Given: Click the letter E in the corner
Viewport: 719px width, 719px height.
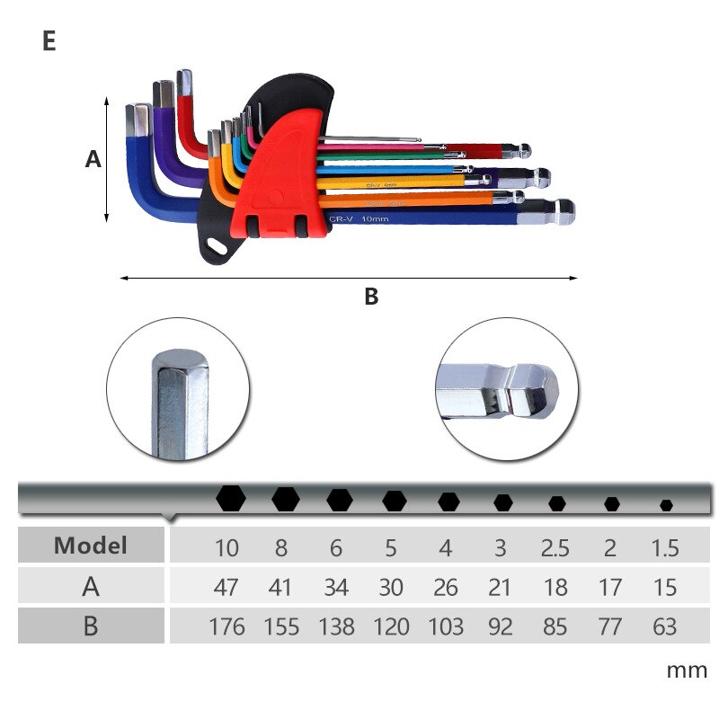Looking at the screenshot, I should (49, 41).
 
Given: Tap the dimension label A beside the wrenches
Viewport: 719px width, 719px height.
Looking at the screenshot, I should (93, 160).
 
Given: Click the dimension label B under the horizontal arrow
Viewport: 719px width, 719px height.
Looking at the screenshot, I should (371, 297).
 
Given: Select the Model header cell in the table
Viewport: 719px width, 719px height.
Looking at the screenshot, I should (91, 545).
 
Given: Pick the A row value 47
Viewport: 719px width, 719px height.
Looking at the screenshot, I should (226, 587).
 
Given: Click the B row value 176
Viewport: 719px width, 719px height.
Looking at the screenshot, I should (226, 626).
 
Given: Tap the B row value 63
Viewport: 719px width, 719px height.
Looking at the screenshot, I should (665, 626).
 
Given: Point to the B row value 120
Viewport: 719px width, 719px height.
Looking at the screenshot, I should (391, 626).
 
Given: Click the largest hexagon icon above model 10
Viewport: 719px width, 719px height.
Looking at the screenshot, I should (231, 497).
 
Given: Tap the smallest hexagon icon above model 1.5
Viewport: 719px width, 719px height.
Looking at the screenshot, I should (666, 505).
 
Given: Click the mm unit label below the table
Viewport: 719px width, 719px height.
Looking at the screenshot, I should (687, 670).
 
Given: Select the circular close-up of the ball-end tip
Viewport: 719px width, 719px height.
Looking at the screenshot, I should (501, 388).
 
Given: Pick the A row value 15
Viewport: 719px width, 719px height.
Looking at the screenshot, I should (665, 587).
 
